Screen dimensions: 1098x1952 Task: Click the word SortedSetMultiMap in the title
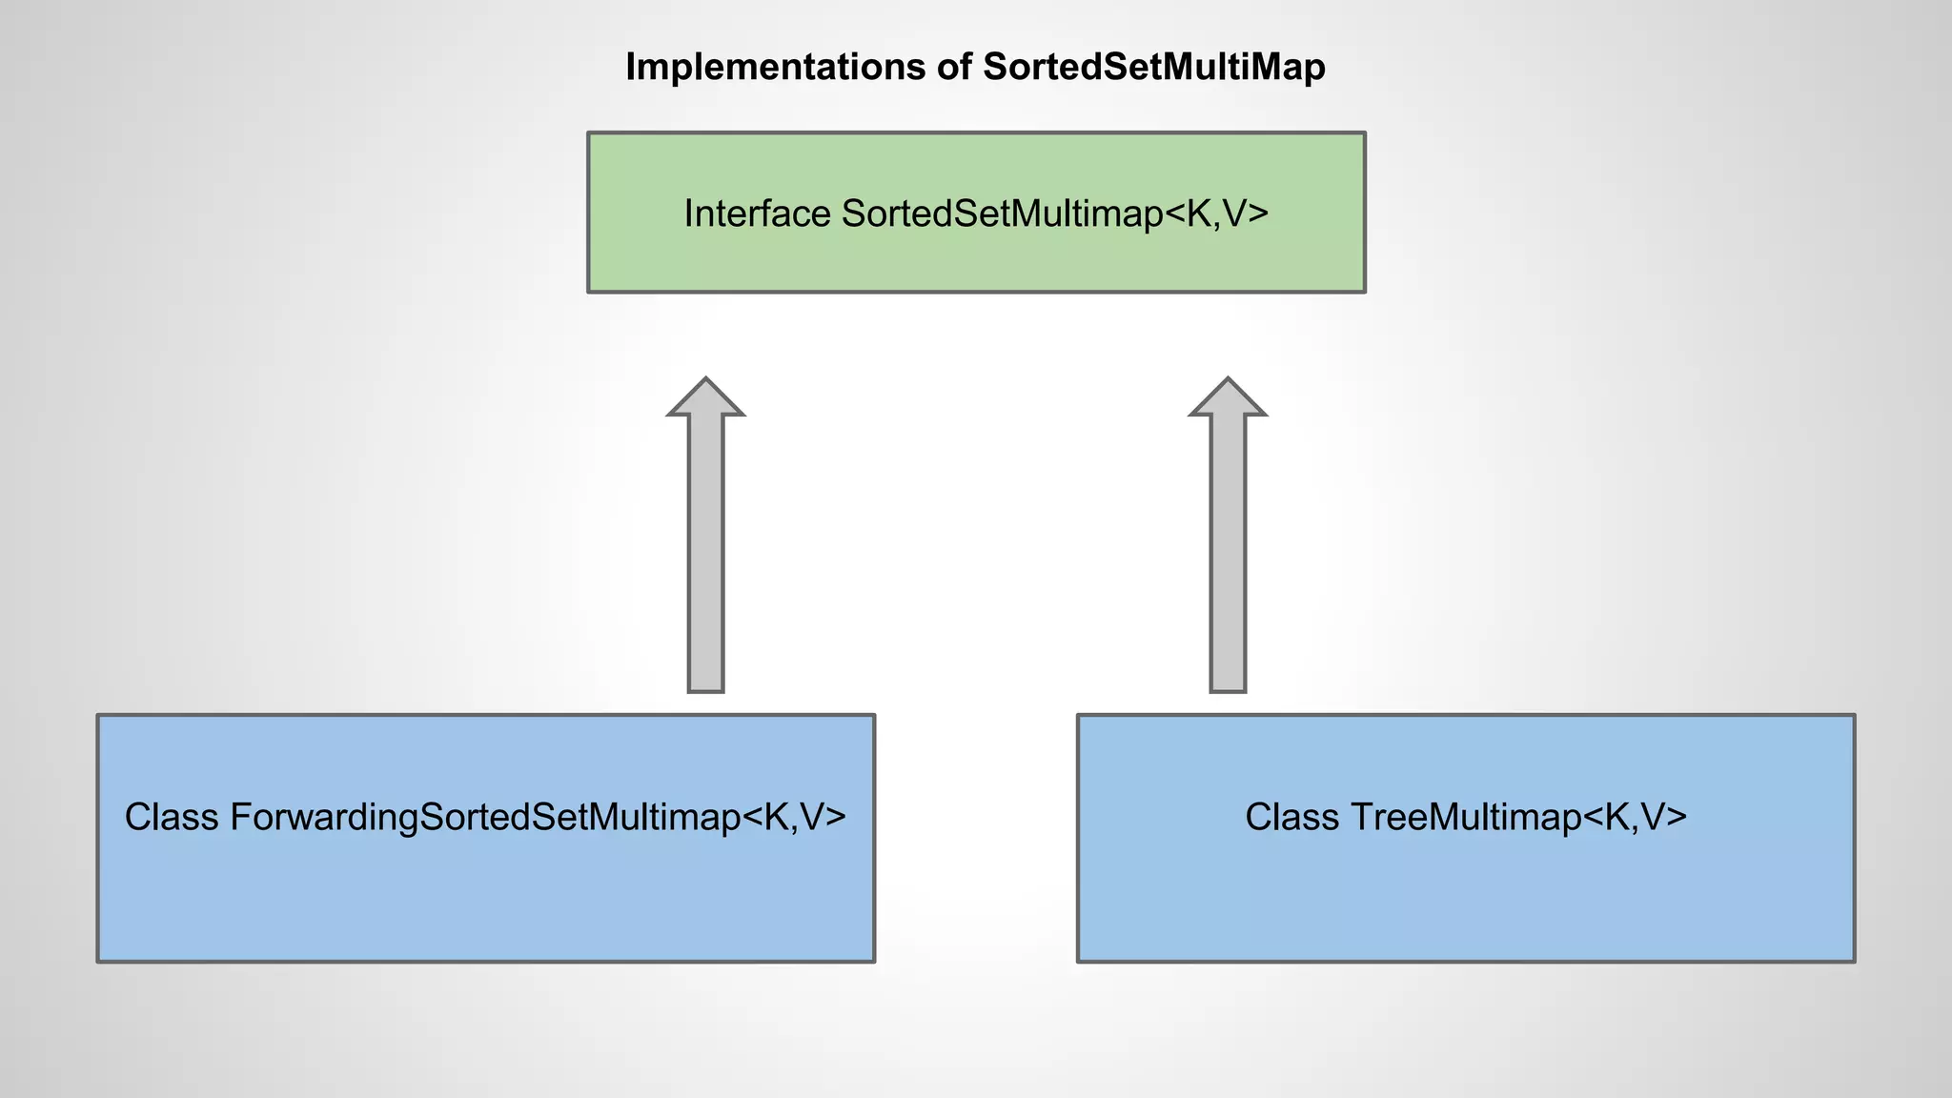(1153, 68)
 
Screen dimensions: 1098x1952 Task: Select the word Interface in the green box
(758, 214)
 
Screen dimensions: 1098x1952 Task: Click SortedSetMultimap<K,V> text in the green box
(1054, 214)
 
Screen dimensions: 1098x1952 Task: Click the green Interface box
(976, 257)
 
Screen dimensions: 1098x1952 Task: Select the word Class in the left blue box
(172, 818)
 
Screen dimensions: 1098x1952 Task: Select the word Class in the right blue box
(1292, 818)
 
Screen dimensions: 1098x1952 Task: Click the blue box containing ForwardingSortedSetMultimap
(485, 896)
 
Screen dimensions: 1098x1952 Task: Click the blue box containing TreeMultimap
(1466, 896)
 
